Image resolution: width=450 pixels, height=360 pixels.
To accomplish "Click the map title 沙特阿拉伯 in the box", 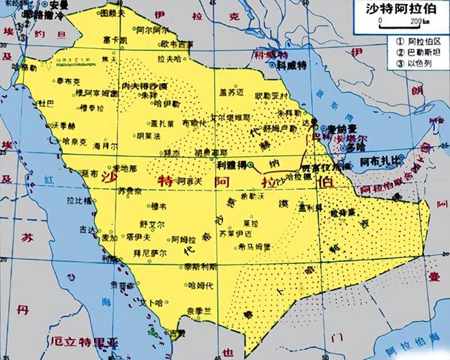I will click(x=403, y=10).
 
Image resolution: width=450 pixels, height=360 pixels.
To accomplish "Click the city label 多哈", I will click(x=335, y=146).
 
